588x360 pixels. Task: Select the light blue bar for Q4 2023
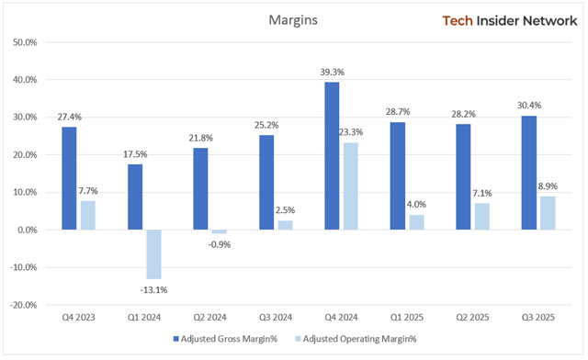pos(87,215)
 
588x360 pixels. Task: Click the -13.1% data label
pos(153,290)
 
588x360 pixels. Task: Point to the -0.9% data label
pos(219,244)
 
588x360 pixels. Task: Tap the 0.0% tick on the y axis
pos(25,230)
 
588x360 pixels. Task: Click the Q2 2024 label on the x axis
pos(210,317)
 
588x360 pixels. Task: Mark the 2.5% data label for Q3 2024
pos(285,209)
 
